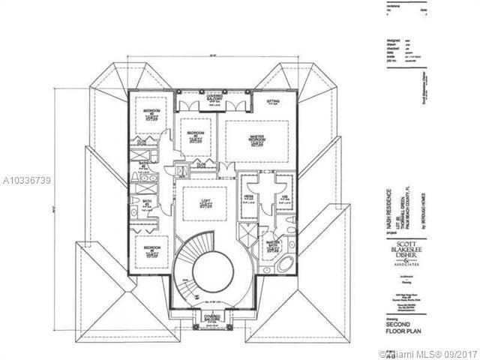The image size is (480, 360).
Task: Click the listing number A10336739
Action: (26, 181)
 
